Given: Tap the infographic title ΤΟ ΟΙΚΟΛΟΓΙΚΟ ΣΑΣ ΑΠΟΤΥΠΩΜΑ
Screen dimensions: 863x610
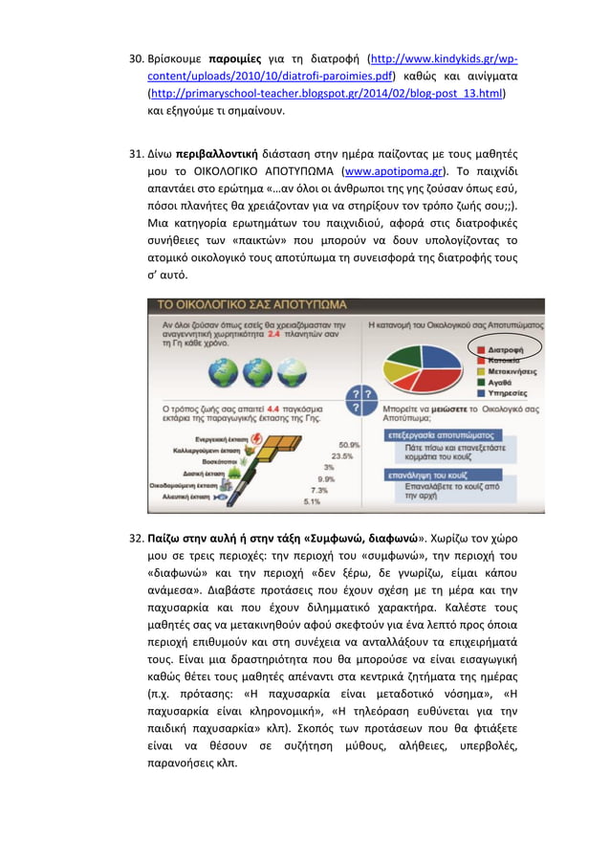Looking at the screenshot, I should pos(251,305).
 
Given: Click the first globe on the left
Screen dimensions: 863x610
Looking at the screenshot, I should pos(222,372).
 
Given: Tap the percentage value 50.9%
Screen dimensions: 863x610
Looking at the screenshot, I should pos(349,444).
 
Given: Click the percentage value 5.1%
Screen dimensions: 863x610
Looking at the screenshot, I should pos(312,500).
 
